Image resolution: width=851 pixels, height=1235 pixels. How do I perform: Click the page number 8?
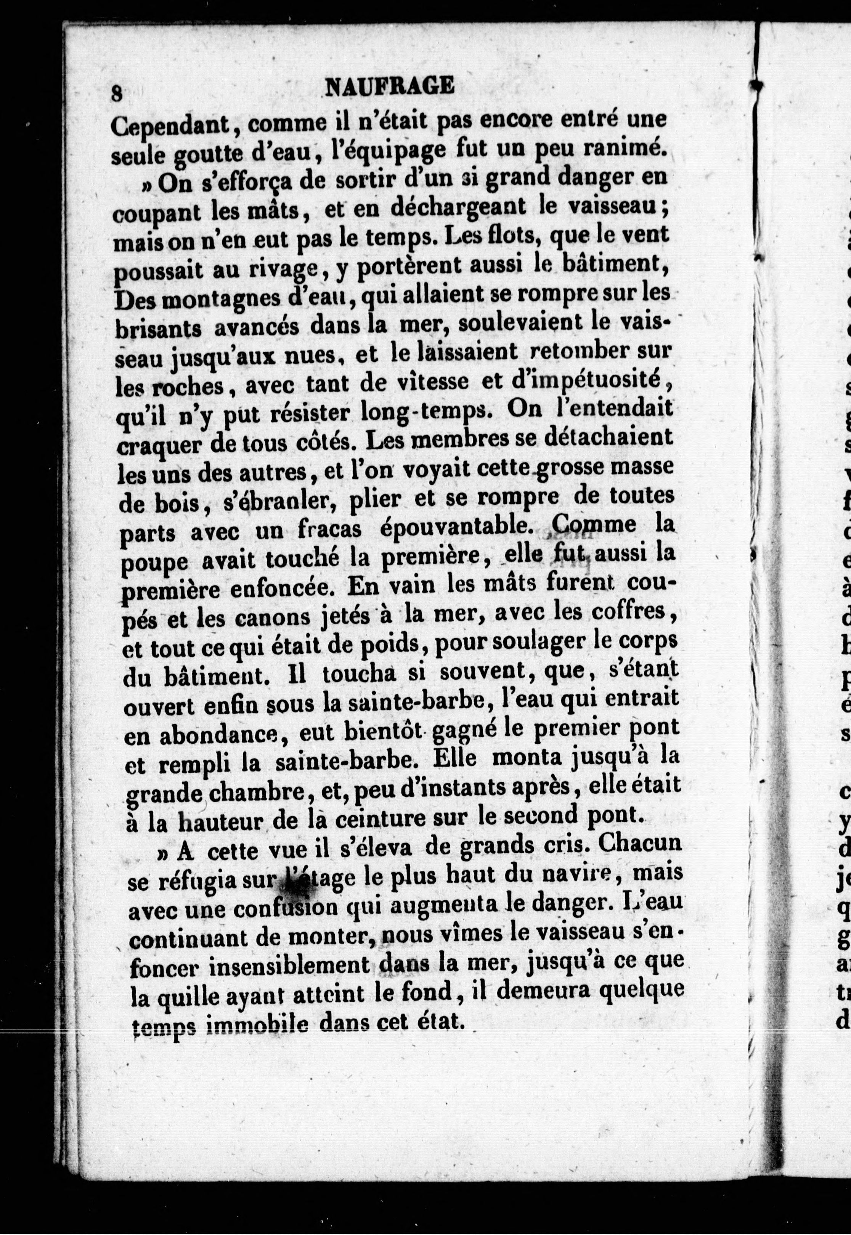(x=117, y=94)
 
